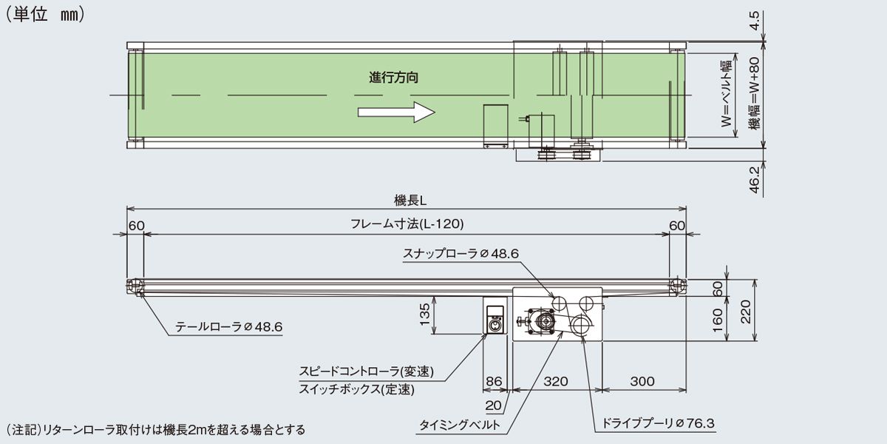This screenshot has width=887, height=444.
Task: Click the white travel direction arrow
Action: (395, 112)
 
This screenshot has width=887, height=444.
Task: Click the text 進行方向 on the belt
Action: (394, 77)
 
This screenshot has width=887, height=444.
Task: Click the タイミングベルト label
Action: (460, 425)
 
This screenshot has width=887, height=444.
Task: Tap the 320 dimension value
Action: (556, 382)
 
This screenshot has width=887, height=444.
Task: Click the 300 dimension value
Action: (643, 382)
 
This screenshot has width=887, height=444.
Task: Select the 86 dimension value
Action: (494, 382)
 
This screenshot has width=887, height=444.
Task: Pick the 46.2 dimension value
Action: (755, 179)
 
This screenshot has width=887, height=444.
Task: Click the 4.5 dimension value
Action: (755, 20)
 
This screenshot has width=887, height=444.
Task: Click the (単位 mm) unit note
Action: (46, 14)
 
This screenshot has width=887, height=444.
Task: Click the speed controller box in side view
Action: (495, 317)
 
